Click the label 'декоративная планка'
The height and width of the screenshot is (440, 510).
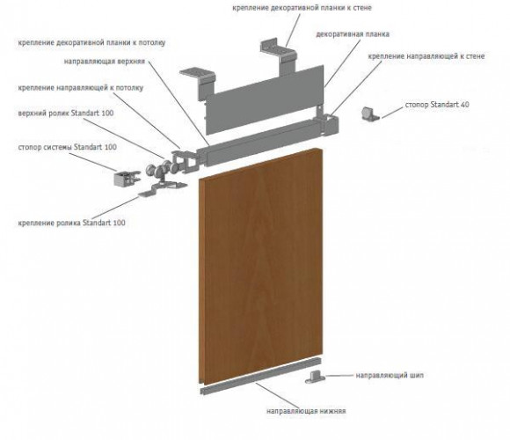[353, 34]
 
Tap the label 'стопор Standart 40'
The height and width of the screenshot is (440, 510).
[437, 105]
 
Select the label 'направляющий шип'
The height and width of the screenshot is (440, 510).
[390, 375]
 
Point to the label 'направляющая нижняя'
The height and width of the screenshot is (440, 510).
[306, 411]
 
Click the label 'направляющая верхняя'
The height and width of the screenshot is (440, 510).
[104, 62]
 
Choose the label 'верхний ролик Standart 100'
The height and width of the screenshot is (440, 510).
[66, 114]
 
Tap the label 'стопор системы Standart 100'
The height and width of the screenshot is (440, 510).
[68, 147]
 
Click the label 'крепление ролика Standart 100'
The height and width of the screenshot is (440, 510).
[71, 223]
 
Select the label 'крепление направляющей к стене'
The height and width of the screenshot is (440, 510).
[426, 56]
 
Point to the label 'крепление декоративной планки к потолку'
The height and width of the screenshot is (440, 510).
[91, 42]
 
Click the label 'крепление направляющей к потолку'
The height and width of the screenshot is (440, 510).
[81, 88]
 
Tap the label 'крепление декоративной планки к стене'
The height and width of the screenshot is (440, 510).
[302, 8]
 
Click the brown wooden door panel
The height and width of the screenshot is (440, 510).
[261, 267]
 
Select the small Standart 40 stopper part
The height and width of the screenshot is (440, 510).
[370, 114]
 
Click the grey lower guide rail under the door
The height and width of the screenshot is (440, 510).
[260, 377]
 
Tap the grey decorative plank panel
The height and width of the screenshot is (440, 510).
[265, 100]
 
